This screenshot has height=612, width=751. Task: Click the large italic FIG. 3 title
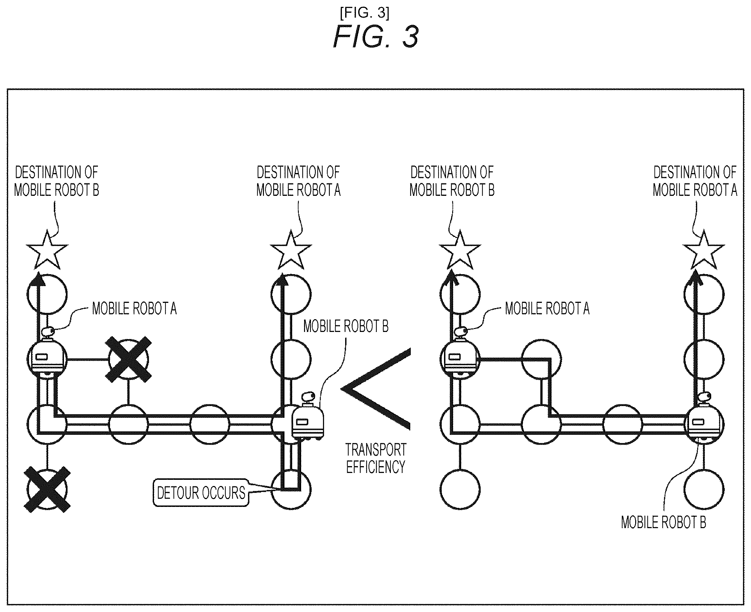376,37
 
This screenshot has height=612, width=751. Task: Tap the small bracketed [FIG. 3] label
365,13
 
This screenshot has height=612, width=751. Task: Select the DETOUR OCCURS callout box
201,493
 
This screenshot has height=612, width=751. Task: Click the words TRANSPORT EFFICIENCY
376,458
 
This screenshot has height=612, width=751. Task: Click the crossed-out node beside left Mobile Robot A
128,359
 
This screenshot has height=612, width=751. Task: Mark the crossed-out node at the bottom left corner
47,490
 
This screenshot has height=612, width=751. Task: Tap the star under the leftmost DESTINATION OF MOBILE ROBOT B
47,249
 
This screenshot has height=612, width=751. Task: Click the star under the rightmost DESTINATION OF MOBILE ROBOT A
703,249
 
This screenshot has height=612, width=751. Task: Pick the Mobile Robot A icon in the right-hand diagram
460,353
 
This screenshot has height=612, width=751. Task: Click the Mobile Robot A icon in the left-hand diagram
47,353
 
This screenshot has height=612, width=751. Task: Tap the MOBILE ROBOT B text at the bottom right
663,523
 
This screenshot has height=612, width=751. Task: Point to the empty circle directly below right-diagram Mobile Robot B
704,490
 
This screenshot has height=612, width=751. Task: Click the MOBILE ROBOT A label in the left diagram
134,308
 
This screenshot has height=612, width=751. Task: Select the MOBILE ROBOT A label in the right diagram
547,308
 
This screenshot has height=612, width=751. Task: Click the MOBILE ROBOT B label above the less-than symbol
346,326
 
